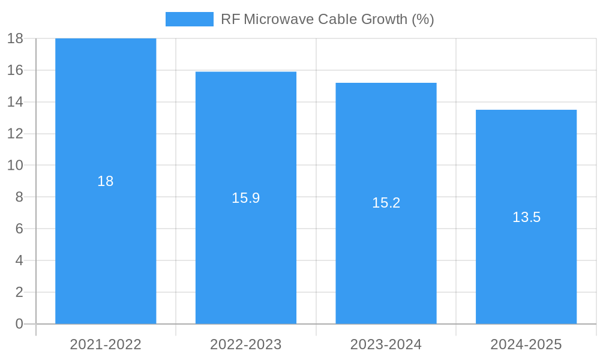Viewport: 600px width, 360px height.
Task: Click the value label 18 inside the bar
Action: pyautogui.click(x=106, y=181)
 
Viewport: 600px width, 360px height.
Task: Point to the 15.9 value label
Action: pyautogui.click(x=246, y=198)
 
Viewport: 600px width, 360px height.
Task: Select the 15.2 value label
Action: pyautogui.click(x=386, y=203)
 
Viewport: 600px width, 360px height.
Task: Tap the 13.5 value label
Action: pyautogui.click(x=526, y=217)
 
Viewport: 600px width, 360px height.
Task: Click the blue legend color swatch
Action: pyautogui.click(x=190, y=19)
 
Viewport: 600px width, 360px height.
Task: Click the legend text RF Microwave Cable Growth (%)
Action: pyautogui.click(x=327, y=19)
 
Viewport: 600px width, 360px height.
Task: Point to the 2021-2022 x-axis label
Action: pyautogui.click(x=106, y=344)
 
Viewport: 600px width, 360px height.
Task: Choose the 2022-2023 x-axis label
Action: pyautogui.click(x=246, y=344)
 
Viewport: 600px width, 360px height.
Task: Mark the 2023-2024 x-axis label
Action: pyautogui.click(x=386, y=344)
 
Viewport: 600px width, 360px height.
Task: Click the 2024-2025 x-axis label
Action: pyautogui.click(x=526, y=344)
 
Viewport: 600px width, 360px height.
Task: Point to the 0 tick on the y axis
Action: pyautogui.click(x=19, y=324)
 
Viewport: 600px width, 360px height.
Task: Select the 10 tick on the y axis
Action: pyautogui.click(x=15, y=166)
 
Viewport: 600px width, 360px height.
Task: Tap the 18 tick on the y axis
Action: pyautogui.click(x=15, y=39)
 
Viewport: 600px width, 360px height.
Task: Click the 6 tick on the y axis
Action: pyautogui.click(x=19, y=229)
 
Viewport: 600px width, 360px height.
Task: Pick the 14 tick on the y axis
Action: pyautogui.click(x=15, y=102)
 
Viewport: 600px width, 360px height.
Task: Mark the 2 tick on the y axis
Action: pyautogui.click(x=19, y=292)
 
